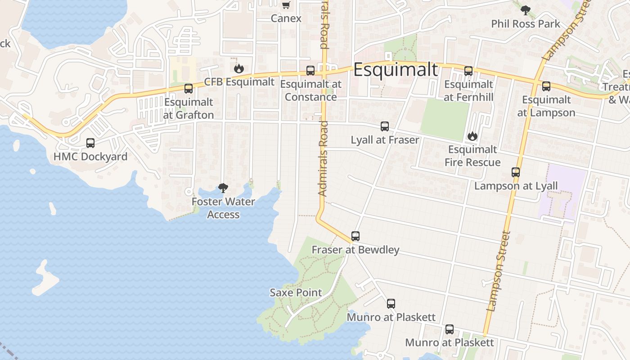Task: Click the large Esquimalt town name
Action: pos(395,70)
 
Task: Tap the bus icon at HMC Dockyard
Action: pos(90,143)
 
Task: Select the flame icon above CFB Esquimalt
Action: pos(238,68)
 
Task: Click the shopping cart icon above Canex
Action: pos(286,5)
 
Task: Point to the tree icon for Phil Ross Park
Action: pos(525,10)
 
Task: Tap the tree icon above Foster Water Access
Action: pos(223,188)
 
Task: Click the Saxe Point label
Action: pos(296,292)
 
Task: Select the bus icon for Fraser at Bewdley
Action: pos(355,236)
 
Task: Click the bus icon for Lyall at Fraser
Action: pos(385,126)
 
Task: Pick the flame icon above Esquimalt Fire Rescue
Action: pos(472,135)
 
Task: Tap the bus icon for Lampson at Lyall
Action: pos(516,172)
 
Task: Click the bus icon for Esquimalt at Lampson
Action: pos(546,86)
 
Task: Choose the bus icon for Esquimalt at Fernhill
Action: pos(468,71)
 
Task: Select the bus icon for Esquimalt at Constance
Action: pos(310,70)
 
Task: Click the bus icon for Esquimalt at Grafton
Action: pos(189,88)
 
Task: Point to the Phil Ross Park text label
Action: pos(526,24)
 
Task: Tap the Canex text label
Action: pos(286,18)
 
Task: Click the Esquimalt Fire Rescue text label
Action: pos(472,156)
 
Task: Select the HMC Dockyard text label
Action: pos(90,157)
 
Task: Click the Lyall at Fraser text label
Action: pos(385,140)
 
